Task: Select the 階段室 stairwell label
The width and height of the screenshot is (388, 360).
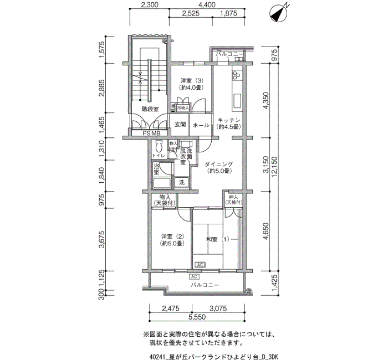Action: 150,109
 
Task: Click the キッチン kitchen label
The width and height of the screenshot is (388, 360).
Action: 228,123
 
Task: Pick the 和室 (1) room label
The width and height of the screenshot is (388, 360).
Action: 217,239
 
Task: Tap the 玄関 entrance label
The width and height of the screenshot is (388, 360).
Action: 180,125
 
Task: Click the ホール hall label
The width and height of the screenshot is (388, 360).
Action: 201,125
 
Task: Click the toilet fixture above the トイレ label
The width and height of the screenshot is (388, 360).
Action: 159,147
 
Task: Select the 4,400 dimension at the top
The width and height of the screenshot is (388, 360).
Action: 207,4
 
